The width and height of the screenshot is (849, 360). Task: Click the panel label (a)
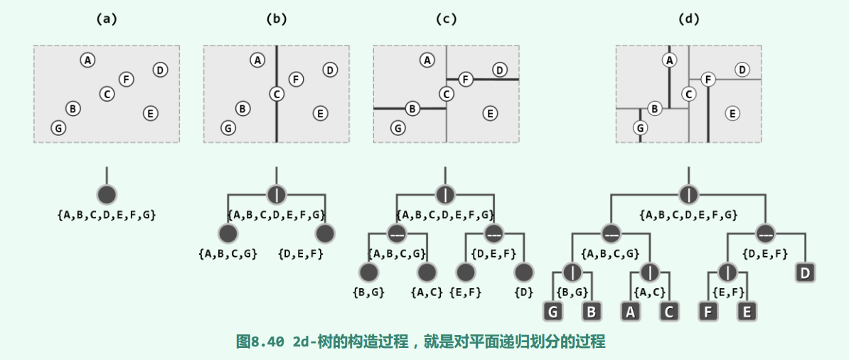(x=106, y=19)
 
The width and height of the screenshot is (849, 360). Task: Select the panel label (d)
(x=688, y=19)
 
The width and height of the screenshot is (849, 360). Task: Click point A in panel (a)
(x=87, y=60)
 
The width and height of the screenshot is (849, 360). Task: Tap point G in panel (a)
(x=58, y=128)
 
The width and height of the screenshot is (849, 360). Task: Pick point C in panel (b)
(x=277, y=93)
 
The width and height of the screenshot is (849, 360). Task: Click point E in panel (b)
(x=320, y=113)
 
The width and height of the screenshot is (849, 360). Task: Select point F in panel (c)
(x=466, y=79)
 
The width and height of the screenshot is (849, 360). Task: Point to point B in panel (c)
(x=412, y=108)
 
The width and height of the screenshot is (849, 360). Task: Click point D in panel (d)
(x=742, y=70)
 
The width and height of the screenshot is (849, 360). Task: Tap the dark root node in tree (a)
(x=107, y=194)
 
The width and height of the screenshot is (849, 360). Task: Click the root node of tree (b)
(x=277, y=194)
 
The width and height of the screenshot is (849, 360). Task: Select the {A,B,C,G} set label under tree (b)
(x=227, y=253)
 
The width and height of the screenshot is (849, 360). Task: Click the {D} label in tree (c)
(x=524, y=292)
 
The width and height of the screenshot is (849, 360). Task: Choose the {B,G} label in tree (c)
(x=368, y=292)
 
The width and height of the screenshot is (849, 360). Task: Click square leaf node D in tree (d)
(x=805, y=272)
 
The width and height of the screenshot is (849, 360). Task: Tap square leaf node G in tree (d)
(x=553, y=312)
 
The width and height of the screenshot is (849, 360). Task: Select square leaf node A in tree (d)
(x=631, y=312)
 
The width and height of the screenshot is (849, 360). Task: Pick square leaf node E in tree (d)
(x=747, y=312)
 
